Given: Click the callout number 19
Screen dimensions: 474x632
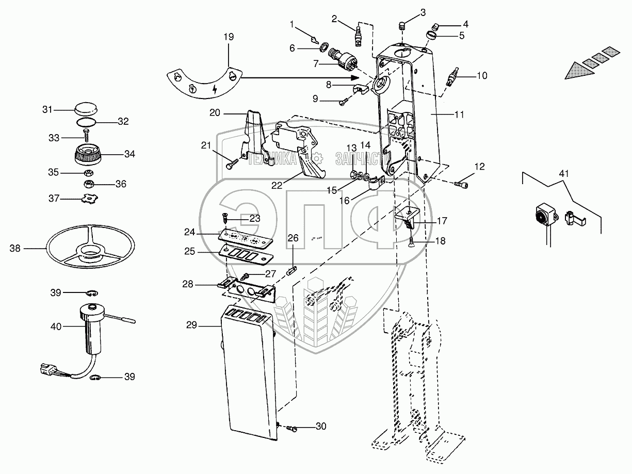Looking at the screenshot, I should [229, 37].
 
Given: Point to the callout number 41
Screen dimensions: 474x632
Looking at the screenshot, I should [563, 174].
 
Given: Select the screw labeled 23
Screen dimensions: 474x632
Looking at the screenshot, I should [226, 218].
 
